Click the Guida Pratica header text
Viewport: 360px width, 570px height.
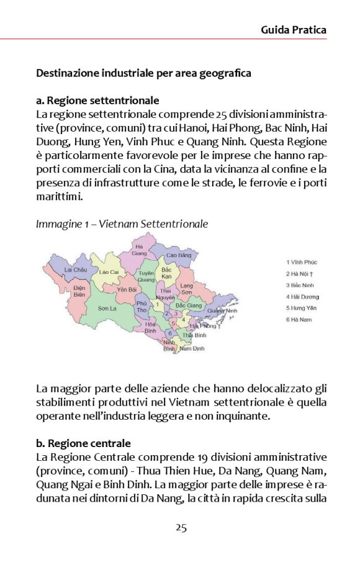click(293, 29)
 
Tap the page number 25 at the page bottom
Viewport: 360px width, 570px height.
click(181, 528)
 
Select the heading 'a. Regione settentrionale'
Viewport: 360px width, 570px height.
click(97, 101)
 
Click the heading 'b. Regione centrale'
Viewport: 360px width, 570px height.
click(83, 443)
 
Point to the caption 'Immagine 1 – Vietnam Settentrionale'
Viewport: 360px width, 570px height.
click(122, 224)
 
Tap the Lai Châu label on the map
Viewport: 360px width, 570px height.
click(76, 270)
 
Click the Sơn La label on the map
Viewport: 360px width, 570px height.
click(107, 307)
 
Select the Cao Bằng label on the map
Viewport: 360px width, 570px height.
click(179, 255)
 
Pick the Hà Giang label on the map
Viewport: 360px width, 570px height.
click(140, 250)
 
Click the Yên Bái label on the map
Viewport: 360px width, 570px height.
click(127, 289)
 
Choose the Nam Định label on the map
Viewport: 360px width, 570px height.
click(192, 349)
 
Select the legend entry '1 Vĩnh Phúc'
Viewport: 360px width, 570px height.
click(303, 263)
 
